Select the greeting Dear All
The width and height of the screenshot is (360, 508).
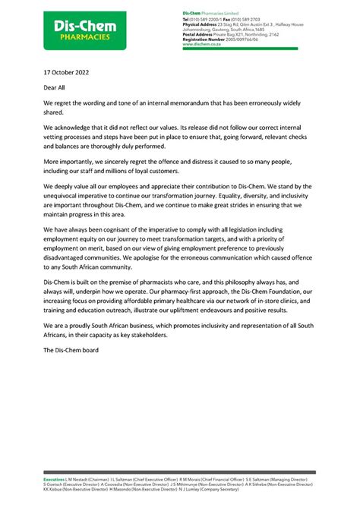point(56,88)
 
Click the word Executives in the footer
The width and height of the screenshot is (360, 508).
point(53,481)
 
